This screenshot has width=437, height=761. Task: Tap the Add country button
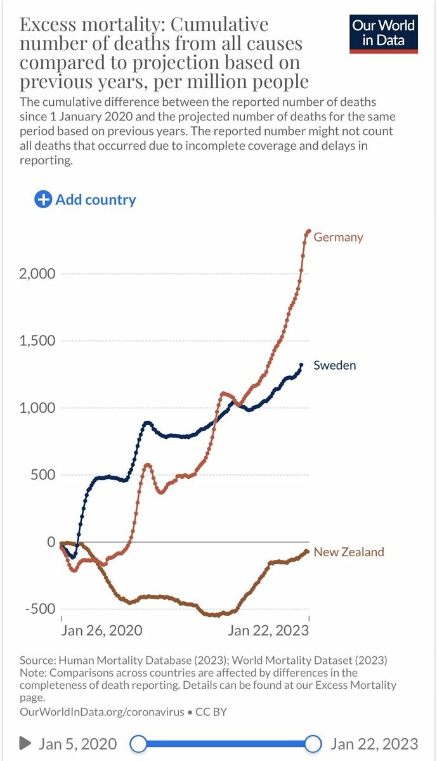[x=86, y=200]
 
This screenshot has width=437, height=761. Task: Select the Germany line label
[x=338, y=237]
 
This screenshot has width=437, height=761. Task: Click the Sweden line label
[x=334, y=365]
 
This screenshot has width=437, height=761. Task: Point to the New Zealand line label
[x=349, y=552]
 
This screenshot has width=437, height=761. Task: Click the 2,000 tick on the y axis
[x=38, y=274]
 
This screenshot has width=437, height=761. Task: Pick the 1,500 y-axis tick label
[x=38, y=341]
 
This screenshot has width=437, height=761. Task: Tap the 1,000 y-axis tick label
[x=38, y=408]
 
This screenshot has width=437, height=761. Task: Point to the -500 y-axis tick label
[x=39, y=609]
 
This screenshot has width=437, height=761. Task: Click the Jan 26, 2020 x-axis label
[x=101, y=630]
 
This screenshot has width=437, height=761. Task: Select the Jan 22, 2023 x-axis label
[x=268, y=630]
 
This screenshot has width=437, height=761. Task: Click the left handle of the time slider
[x=138, y=743]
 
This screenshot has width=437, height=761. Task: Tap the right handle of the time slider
[x=313, y=743]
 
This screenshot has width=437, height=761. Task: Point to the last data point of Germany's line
[x=308, y=231]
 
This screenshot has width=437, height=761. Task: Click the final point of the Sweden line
[x=301, y=365]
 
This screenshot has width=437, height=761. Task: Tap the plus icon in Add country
[x=43, y=200]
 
